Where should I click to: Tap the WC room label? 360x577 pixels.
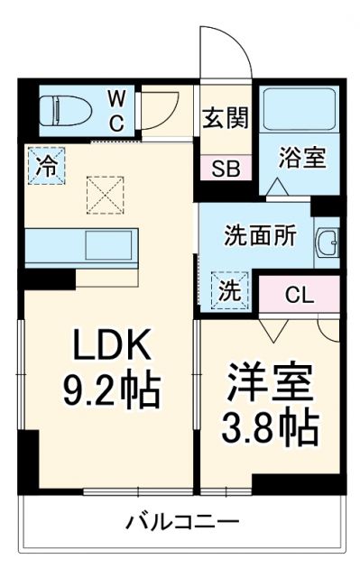(x=117, y=110)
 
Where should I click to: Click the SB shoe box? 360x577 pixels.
(x=226, y=169)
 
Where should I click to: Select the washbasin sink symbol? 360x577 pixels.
(x=327, y=243)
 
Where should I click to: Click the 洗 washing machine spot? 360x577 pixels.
(x=229, y=290)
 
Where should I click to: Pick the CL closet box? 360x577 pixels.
(x=299, y=294)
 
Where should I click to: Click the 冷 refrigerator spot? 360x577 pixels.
(x=45, y=165)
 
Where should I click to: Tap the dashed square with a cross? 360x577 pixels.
(x=102, y=194)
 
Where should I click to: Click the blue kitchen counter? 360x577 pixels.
(x=81, y=245)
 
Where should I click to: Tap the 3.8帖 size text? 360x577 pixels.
(x=271, y=429)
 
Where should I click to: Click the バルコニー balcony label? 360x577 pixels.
(x=182, y=522)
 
